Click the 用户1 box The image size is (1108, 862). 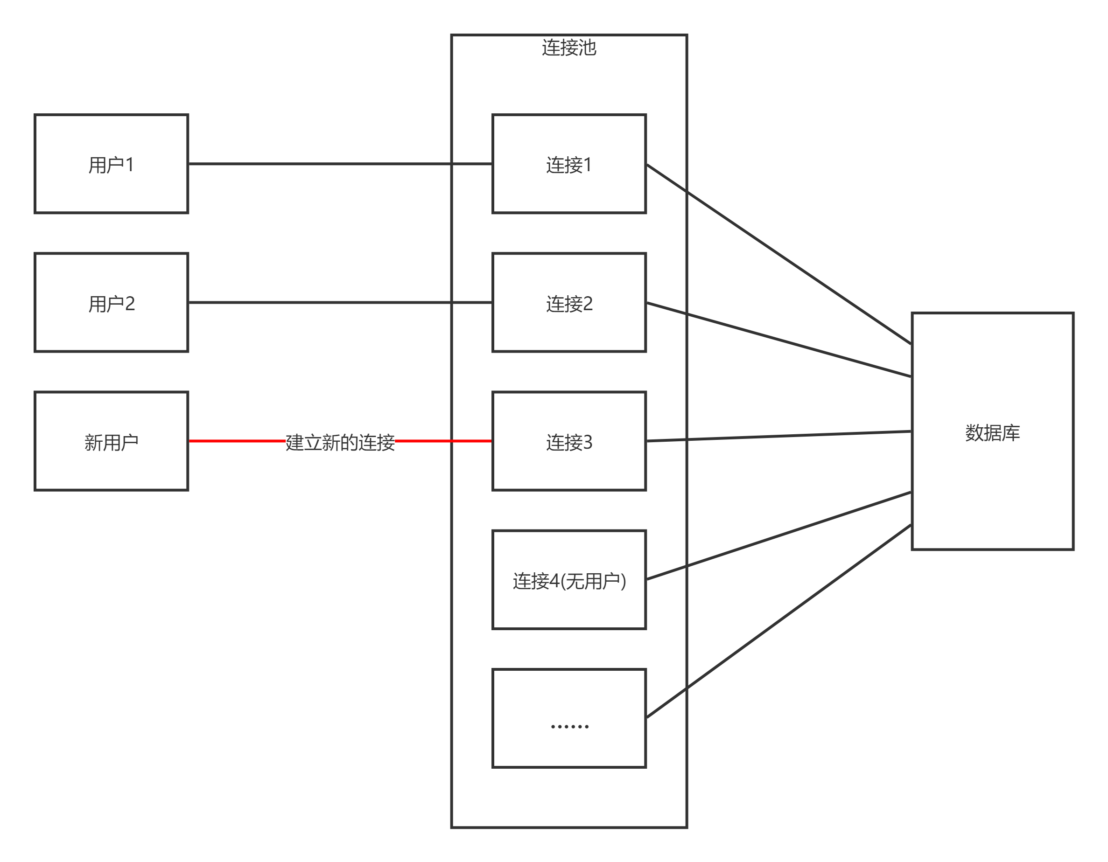pos(111,164)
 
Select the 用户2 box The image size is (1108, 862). pos(111,302)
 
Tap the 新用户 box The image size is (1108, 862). pos(111,441)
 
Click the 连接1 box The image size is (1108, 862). pos(569,164)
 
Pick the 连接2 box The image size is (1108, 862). pos(569,302)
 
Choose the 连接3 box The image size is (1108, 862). pos(569,441)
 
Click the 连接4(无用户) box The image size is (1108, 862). pos(569,580)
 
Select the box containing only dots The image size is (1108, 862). pos(569,718)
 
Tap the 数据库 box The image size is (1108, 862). pos(992,431)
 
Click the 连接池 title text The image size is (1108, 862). pos(569,48)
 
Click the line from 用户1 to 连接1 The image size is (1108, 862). pos(320,164)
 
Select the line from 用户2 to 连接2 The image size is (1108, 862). pos(320,302)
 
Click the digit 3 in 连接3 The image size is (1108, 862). pos(588,442)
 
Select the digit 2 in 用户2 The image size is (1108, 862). pos(130,303)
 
